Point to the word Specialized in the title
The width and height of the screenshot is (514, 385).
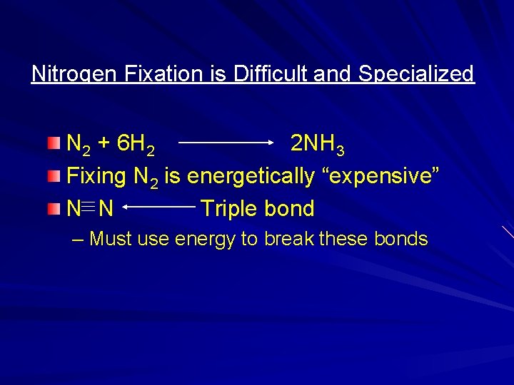pos(416,74)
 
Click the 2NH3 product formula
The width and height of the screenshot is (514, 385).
pos(318,145)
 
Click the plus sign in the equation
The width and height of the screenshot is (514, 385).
pos(104,144)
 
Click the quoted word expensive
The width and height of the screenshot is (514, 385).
pos(385,176)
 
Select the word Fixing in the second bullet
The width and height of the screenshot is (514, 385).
pos(96,176)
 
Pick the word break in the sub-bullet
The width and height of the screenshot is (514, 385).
pos(290,239)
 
